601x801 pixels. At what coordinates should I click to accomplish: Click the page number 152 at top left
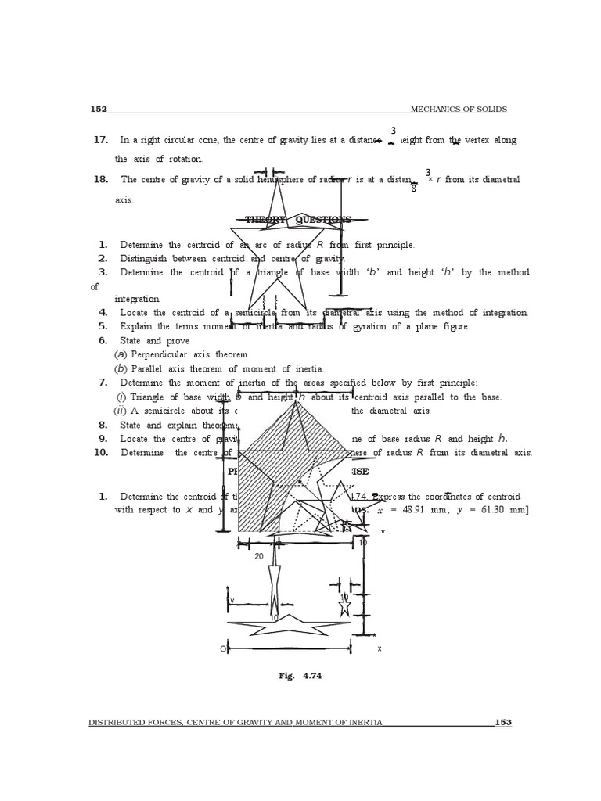[x=99, y=110]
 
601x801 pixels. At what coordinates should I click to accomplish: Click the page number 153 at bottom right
[x=502, y=722]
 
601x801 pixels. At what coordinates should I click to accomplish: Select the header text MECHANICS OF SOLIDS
[x=459, y=110]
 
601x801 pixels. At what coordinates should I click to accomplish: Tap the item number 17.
[x=100, y=140]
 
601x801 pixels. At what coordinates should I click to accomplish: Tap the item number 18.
[x=100, y=179]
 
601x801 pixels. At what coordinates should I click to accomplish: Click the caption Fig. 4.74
[x=300, y=677]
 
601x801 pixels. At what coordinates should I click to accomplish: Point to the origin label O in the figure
[x=222, y=649]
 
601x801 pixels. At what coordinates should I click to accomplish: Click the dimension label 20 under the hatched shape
[x=258, y=557]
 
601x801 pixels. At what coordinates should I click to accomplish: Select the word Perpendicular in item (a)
[x=161, y=354]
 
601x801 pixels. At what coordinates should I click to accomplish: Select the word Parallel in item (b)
[x=147, y=368]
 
